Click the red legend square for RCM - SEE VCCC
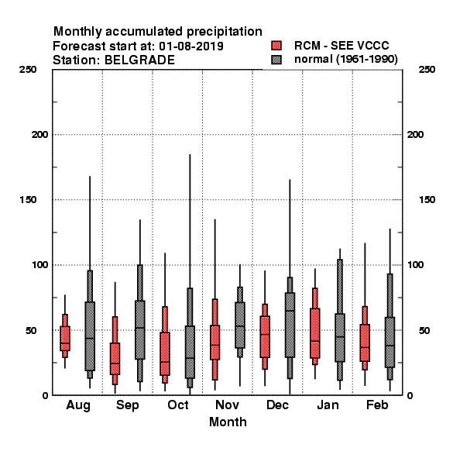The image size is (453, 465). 276,46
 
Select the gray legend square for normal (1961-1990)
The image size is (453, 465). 276,60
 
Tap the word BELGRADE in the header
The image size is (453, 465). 139,60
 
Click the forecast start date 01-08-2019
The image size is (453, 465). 191,46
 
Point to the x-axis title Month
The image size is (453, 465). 228,422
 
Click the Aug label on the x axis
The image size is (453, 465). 78,405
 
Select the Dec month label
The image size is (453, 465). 277,405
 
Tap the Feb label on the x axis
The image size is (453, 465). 377,405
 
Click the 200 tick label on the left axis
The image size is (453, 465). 39,135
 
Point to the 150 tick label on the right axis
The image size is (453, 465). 427,200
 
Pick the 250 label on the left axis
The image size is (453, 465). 28,70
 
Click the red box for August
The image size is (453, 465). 65,339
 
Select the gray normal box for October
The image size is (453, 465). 190,352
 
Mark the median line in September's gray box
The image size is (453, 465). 140,328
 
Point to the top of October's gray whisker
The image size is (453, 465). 190,154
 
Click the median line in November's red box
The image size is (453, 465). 214,345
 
